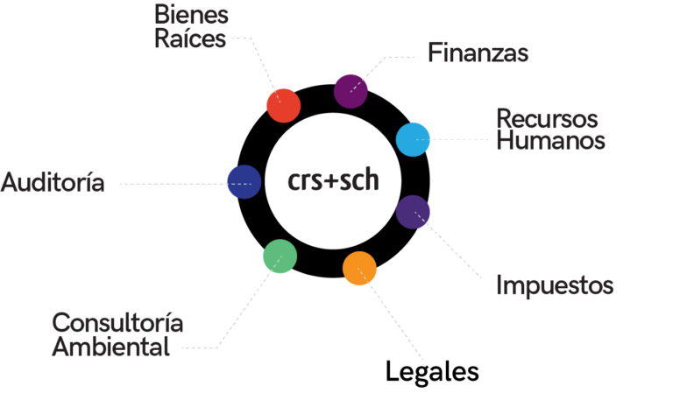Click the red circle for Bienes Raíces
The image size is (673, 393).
pyautogui.click(x=283, y=105)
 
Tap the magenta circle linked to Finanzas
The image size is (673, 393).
pyautogui.click(x=351, y=91)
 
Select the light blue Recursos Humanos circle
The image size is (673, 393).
pyautogui.click(x=413, y=139)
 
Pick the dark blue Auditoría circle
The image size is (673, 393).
pyautogui.click(x=244, y=182)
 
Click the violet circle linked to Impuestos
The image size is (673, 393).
pyautogui.click(x=413, y=212)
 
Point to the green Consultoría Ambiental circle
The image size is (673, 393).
pyautogui.click(x=280, y=256)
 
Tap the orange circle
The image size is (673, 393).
pyautogui.click(x=359, y=269)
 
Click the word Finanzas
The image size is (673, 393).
pyautogui.click(x=478, y=53)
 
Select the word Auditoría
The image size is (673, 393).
pyautogui.click(x=53, y=183)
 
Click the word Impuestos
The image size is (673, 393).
pyautogui.click(x=554, y=285)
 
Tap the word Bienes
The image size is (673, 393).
pyautogui.click(x=191, y=15)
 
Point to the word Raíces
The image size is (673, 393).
pyautogui.click(x=189, y=39)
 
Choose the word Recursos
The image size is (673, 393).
pyautogui.click(x=547, y=118)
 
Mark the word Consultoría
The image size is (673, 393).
pyautogui.click(x=117, y=323)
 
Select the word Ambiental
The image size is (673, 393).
pyautogui.click(x=110, y=347)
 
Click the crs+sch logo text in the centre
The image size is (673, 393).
pyautogui.click(x=333, y=181)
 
